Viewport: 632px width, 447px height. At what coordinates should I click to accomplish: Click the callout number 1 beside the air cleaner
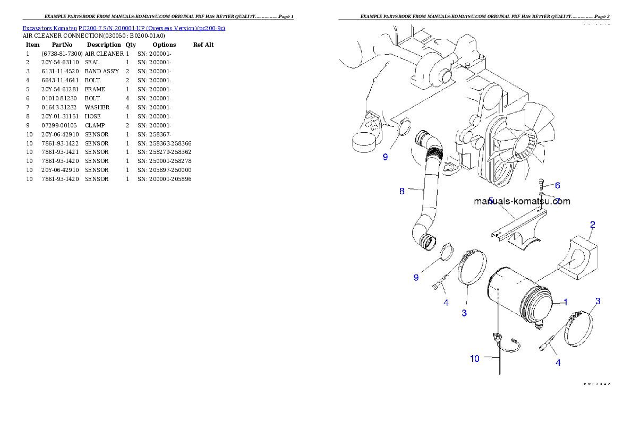[x=566, y=302]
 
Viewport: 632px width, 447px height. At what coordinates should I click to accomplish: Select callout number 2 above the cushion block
[x=592, y=224]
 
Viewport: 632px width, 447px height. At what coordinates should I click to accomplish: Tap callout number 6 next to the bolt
[x=557, y=185]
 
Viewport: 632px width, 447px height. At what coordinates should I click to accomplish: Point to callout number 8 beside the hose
[x=402, y=191]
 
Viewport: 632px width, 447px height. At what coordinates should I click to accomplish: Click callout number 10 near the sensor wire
[x=474, y=358]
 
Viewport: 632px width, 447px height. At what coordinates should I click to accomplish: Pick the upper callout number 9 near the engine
[x=385, y=157]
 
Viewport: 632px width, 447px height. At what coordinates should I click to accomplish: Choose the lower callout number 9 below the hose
[x=416, y=277]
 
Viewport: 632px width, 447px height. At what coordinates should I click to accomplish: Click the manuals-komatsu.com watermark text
[x=522, y=201]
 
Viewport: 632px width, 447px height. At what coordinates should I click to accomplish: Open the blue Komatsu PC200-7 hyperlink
[x=124, y=28]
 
